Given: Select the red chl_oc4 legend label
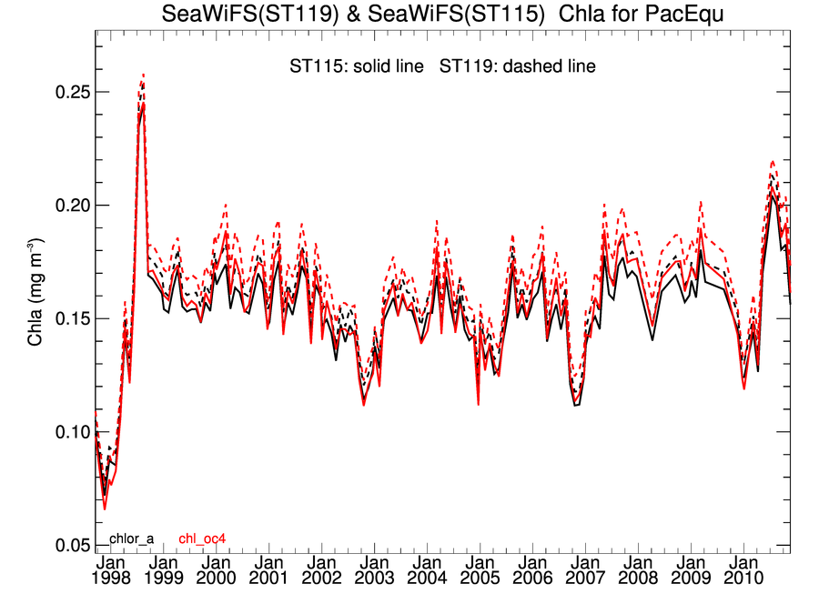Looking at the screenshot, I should (x=202, y=539).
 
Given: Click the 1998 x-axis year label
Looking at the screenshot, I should (x=111, y=579).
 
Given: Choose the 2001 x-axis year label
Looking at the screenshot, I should (x=269, y=579).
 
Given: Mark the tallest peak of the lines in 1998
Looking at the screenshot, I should (x=143, y=76).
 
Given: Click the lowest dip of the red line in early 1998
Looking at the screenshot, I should (x=105, y=508).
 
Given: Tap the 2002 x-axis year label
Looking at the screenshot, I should (x=322, y=579).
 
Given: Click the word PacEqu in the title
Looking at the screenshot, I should (x=687, y=15).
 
